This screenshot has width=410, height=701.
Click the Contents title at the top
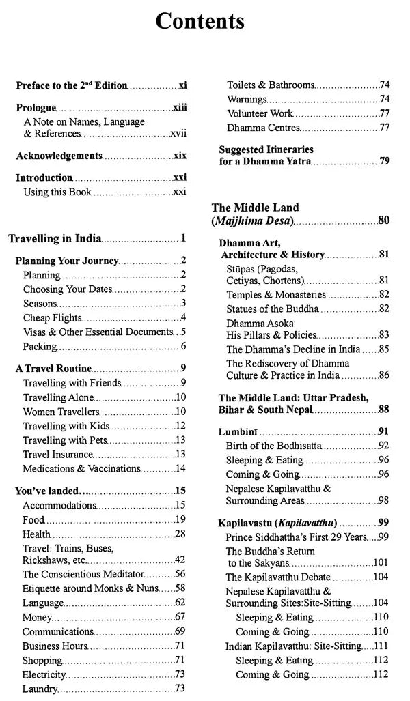point(200,21)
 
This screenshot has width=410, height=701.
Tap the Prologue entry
point(36,109)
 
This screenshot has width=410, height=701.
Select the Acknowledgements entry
point(59,156)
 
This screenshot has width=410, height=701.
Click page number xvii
point(178,134)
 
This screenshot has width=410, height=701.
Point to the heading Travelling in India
point(55,239)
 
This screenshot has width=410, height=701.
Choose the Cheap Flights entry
point(51,317)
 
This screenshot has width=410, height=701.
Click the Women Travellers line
point(61,412)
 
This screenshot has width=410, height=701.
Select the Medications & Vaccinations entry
point(81,469)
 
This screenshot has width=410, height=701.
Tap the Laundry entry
point(40,689)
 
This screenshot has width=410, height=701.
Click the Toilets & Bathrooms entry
point(271,85)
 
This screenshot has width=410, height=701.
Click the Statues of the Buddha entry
point(273,309)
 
